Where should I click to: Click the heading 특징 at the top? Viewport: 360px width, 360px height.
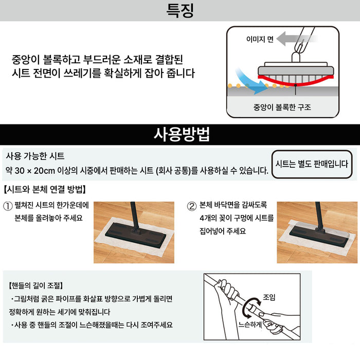180,11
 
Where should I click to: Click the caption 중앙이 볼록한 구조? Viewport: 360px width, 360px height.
282,107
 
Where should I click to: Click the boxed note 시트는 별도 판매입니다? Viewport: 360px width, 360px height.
312,165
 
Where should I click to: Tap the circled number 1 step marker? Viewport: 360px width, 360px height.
8,206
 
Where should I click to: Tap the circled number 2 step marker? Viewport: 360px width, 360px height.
191,206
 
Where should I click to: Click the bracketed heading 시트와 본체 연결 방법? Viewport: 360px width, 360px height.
44,189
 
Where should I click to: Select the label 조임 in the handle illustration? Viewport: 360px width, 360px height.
269,297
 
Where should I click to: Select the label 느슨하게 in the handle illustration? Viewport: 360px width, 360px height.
250,325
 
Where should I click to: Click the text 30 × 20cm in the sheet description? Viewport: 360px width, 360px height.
40,170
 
